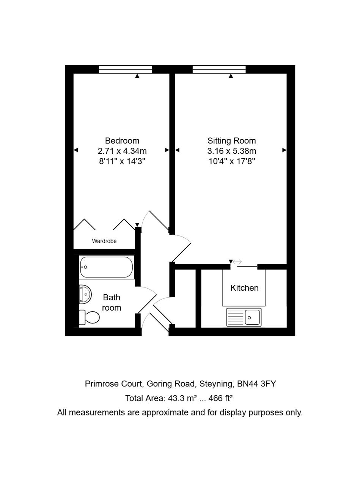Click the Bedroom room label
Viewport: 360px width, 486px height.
[122, 140]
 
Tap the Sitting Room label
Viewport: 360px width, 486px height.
[231, 140]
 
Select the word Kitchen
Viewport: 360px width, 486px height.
[244, 288]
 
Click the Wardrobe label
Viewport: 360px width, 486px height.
[104, 241]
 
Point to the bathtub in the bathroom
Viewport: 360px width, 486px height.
[107, 267]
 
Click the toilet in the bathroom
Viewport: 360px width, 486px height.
[89, 317]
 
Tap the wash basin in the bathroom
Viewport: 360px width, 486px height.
[85, 294]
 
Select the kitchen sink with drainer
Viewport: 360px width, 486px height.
[244, 317]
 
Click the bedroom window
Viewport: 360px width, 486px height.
[125, 69]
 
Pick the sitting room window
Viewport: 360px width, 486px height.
[219, 69]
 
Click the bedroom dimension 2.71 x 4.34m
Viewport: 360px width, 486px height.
[122, 151]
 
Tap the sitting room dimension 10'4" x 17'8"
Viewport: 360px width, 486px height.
[232, 161]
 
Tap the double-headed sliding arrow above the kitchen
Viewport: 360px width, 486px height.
[237, 262]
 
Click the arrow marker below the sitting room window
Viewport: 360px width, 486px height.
[231, 76]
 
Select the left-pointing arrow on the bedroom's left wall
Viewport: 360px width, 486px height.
[76, 150]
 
